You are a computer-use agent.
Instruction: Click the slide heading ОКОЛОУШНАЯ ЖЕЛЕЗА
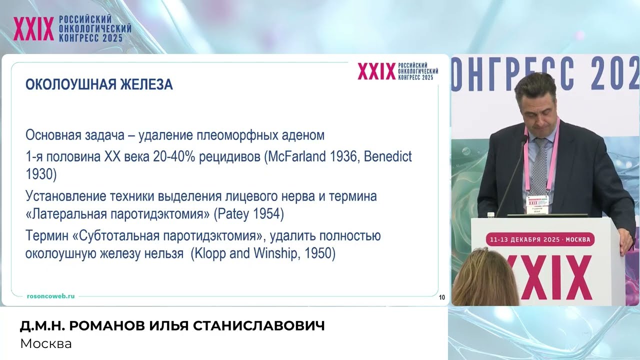pyautogui.click(x=99, y=84)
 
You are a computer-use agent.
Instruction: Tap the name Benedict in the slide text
pyautogui.click(x=387, y=157)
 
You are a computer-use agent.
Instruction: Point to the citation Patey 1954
pyautogui.click(x=248, y=215)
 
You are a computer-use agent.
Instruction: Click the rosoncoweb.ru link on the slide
pyautogui.click(x=50, y=296)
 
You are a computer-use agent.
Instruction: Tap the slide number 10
pyautogui.click(x=442, y=297)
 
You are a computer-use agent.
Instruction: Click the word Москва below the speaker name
pyautogui.click(x=46, y=344)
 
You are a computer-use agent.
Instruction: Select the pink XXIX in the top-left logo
pyautogui.click(x=33, y=29)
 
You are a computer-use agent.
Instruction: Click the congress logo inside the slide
pyautogui.click(x=397, y=71)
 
